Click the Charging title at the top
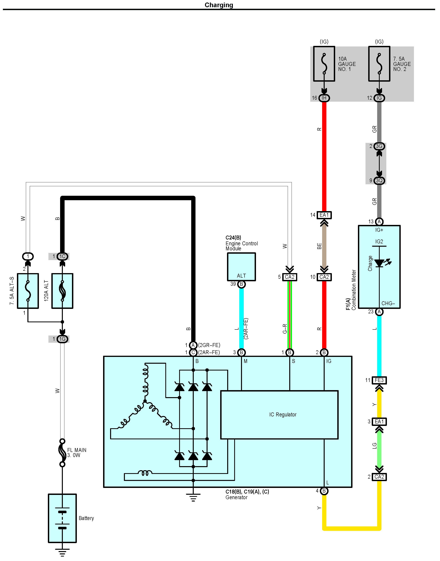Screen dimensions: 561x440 click(x=219, y=5)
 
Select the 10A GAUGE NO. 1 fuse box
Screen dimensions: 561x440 click(x=324, y=64)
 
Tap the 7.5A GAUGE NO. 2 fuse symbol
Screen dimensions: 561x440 click(x=379, y=64)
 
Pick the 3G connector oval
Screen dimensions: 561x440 click(x=379, y=146)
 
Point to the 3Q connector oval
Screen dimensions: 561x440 click(x=379, y=180)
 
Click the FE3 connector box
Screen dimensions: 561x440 click(x=379, y=380)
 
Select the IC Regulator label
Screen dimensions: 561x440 click(x=283, y=414)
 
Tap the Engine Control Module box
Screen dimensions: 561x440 click(x=241, y=267)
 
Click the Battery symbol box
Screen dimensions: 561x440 click(x=62, y=518)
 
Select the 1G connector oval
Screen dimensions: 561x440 click(x=62, y=339)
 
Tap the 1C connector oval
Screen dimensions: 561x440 click(x=62, y=256)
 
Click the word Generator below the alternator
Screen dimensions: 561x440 click(x=236, y=497)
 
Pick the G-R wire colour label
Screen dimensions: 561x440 click(x=285, y=329)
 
